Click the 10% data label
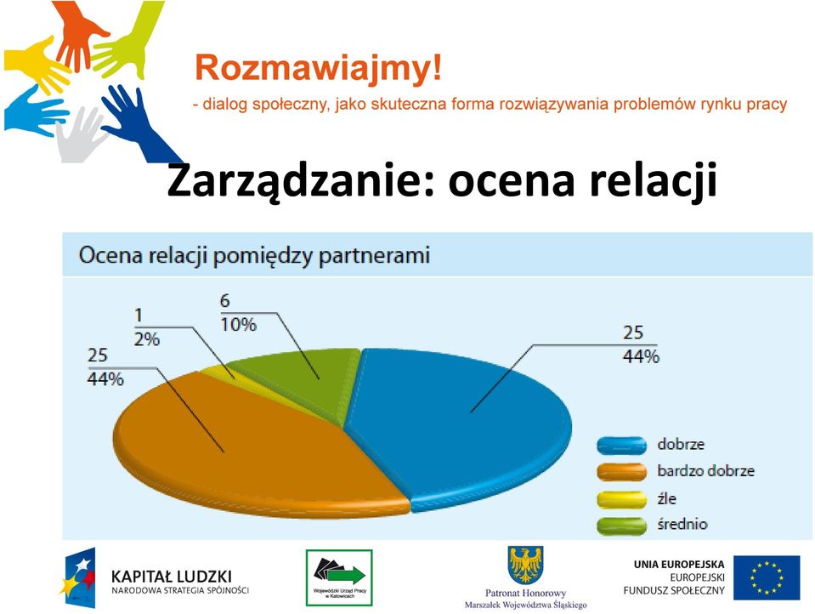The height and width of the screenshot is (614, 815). pyautogui.click(x=239, y=325)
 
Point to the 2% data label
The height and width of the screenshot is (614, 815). pyautogui.click(x=146, y=339)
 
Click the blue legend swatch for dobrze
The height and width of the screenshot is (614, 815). pyautogui.click(x=621, y=446)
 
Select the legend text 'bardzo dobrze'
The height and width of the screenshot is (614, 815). pyautogui.click(x=705, y=471)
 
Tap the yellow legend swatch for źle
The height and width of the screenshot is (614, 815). pyautogui.click(x=621, y=499)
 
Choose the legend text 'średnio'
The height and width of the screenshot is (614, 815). pyautogui.click(x=682, y=524)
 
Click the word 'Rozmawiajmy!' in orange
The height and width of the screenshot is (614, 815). pyautogui.click(x=318, y=68)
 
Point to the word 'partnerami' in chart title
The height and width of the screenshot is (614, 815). pyautogui.click(x=374, y=256)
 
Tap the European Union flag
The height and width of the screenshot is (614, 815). pyautogui.click(x=767, y=577)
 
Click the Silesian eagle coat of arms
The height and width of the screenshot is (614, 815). pyautogui.click(x=525, y=565)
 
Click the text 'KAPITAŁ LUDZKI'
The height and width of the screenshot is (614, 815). pyautogui.click(x=172, y=577)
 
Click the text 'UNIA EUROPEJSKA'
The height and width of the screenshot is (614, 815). pyautogui.click(x=679, y=564)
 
